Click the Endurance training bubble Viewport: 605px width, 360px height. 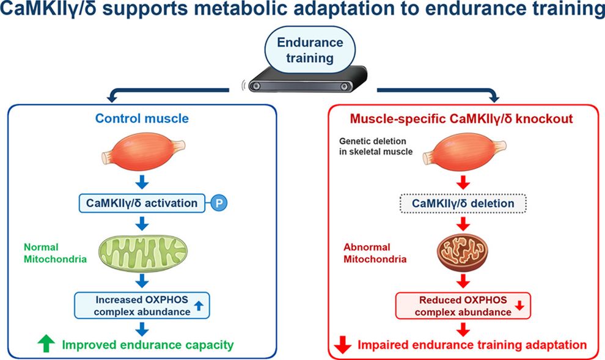[x=310, y=50]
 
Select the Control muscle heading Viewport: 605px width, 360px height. [x=142, y=118]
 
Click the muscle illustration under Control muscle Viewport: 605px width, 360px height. [x=143, y=151]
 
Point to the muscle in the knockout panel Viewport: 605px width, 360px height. [x=464, y=151]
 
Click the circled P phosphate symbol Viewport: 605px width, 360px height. [x=219, y=203]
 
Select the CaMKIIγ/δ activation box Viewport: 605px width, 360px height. [x=142, y=203]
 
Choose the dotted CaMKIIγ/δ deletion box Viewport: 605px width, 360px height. [x=463, y=204]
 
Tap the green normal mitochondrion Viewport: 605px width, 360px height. [x=143, y=252]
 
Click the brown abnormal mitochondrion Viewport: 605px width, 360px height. [x=462, y=252]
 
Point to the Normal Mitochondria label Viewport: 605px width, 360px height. [x=55, y=252]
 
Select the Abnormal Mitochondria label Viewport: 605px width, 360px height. [x=375, y=252]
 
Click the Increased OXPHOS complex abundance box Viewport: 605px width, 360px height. [x=142, y=305]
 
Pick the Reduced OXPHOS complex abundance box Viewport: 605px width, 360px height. [x=463, y=306]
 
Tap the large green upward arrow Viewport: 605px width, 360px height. [x=46, y=343]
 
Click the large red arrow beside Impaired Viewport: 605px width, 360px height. [x=343, y=344]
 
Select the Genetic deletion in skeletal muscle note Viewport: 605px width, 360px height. [x=376, y=146]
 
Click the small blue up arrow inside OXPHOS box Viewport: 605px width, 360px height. [x=199, y=306]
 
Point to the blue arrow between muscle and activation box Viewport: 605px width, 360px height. [x=142, y=182]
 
